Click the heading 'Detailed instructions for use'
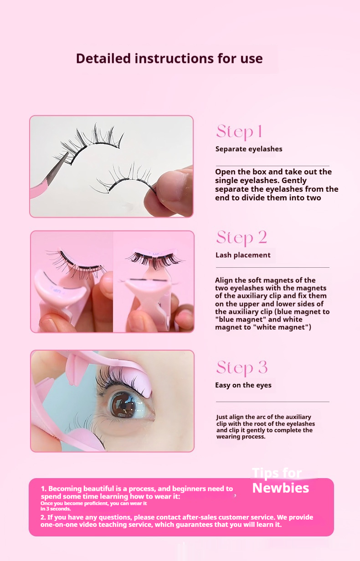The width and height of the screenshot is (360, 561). (x=169, y=59)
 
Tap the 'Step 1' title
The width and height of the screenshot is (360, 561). (x=239, y=131)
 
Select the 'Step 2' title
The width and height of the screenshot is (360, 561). (x=242, y=237)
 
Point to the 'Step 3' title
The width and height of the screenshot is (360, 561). (x=242, y=367)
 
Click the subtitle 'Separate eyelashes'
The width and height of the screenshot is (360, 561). (x=249, y=149)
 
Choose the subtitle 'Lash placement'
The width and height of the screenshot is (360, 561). (x=243, y=255)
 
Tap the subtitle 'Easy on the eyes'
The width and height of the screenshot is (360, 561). (x=243, y=385)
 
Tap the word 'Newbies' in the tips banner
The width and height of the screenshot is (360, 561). (x=281, y=488)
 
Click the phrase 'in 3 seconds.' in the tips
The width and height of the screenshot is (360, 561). (x=56, y=509)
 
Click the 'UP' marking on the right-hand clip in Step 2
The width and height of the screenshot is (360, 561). (x=156, y=254)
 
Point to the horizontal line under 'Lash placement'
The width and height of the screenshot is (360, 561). (x=273, y=267)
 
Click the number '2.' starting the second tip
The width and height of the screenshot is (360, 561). (x=43, y=517)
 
